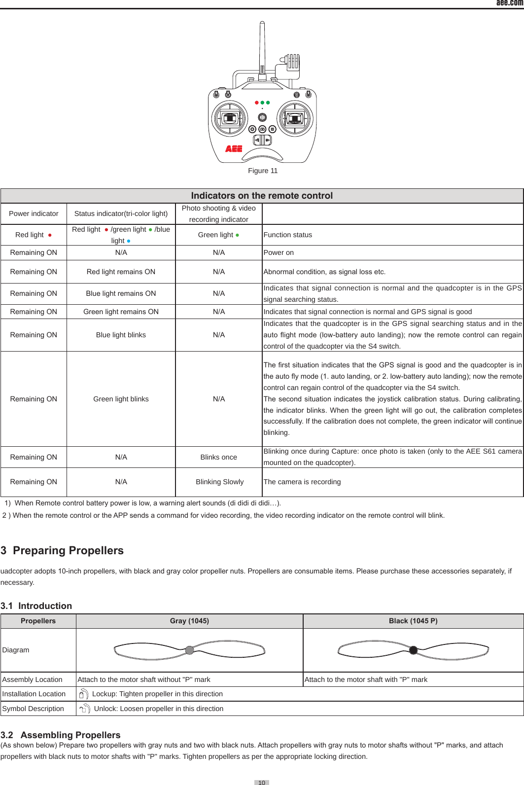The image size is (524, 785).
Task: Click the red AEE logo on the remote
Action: pyautogui.click(x=234, y=148)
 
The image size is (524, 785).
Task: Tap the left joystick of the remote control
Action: pyautogui.click(x=230, y=118)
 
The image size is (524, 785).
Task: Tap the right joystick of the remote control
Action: pyautogui.click(x=295, y=118)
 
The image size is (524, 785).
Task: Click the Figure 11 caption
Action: pyautogui.click(x=263, y=171)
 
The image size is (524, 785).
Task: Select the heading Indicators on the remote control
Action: pyautogui.click(x=262, y=196)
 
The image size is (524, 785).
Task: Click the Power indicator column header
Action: pyautogui.click(x=34, y=214)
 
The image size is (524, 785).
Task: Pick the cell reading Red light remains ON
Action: pyautogui.click(x=121, y=272)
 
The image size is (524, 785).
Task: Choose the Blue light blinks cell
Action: pyautogui.click(x=121, y=335)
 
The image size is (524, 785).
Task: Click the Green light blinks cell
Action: pyautogui.click(x=121, y=399)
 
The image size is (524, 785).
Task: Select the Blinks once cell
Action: pyautogui.click(x=218, y=457)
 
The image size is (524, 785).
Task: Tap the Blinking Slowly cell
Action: pyautogui.click(x=219, y=482)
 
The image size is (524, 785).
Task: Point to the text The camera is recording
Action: pyautogui.click(x=302, y=482)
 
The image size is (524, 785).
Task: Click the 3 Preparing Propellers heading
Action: pyautogui.click(x=62, y=550)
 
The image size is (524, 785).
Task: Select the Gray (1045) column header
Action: pyautogui.click(x=189, y=621)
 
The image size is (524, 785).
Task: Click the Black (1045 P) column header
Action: pyautogui.click(x=413, y=621)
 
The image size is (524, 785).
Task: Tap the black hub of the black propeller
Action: pyautogui.click(x=413, y=650)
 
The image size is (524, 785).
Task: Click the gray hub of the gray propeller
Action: pyautogui.click(x=189, y=650)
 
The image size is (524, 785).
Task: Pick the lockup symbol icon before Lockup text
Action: pyautogui.click(x=83, y=694)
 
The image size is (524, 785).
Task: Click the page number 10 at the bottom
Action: pyautogui.click(x=262, y=782)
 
